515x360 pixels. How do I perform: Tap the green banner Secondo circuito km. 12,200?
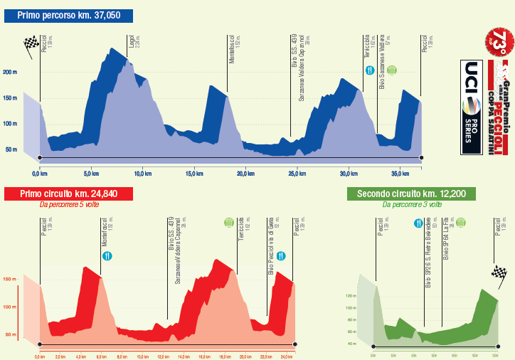(x=412, y=194)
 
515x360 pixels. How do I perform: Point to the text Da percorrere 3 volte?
(x=412, y=205)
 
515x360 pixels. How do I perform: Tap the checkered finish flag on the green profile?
(x=497, y=272)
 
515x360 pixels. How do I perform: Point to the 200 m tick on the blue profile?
(x=10, y=72)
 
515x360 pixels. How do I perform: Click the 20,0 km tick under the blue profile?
(x=246, y=173)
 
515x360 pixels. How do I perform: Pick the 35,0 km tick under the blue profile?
(x=400, y=173)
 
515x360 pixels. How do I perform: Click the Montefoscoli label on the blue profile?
(x=232, y=48)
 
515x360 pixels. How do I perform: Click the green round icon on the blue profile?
(x=392, y=70)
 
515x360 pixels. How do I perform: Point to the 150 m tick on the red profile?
(x=10, y=280)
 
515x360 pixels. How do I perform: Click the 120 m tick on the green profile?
(x=370, y=295)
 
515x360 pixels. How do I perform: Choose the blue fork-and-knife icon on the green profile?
(x=418, y=223)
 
